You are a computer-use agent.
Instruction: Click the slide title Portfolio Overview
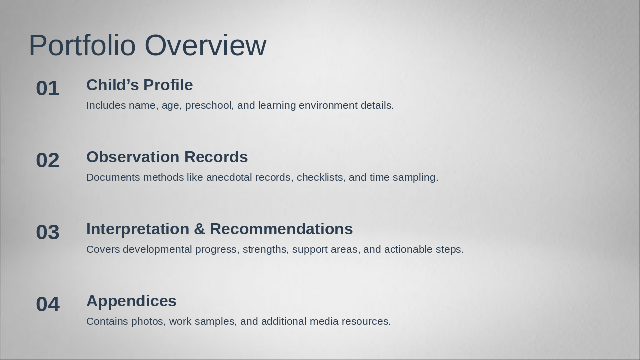(x=147, y=45)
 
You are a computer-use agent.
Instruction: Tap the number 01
(x=48, y=89)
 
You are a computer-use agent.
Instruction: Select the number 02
(x=48, y=161)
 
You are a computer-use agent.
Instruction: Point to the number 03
(x=48, y=233)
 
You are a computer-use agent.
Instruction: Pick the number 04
(x=48, y=305)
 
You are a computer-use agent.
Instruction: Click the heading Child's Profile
(x=139, y=85)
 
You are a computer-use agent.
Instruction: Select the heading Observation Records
(x=167, y=157)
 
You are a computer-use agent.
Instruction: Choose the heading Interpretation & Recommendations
(x=219, y=229)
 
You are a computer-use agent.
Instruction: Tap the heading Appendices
(x=131, y=301)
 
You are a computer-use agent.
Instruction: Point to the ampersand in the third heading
(x=199, y=229)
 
